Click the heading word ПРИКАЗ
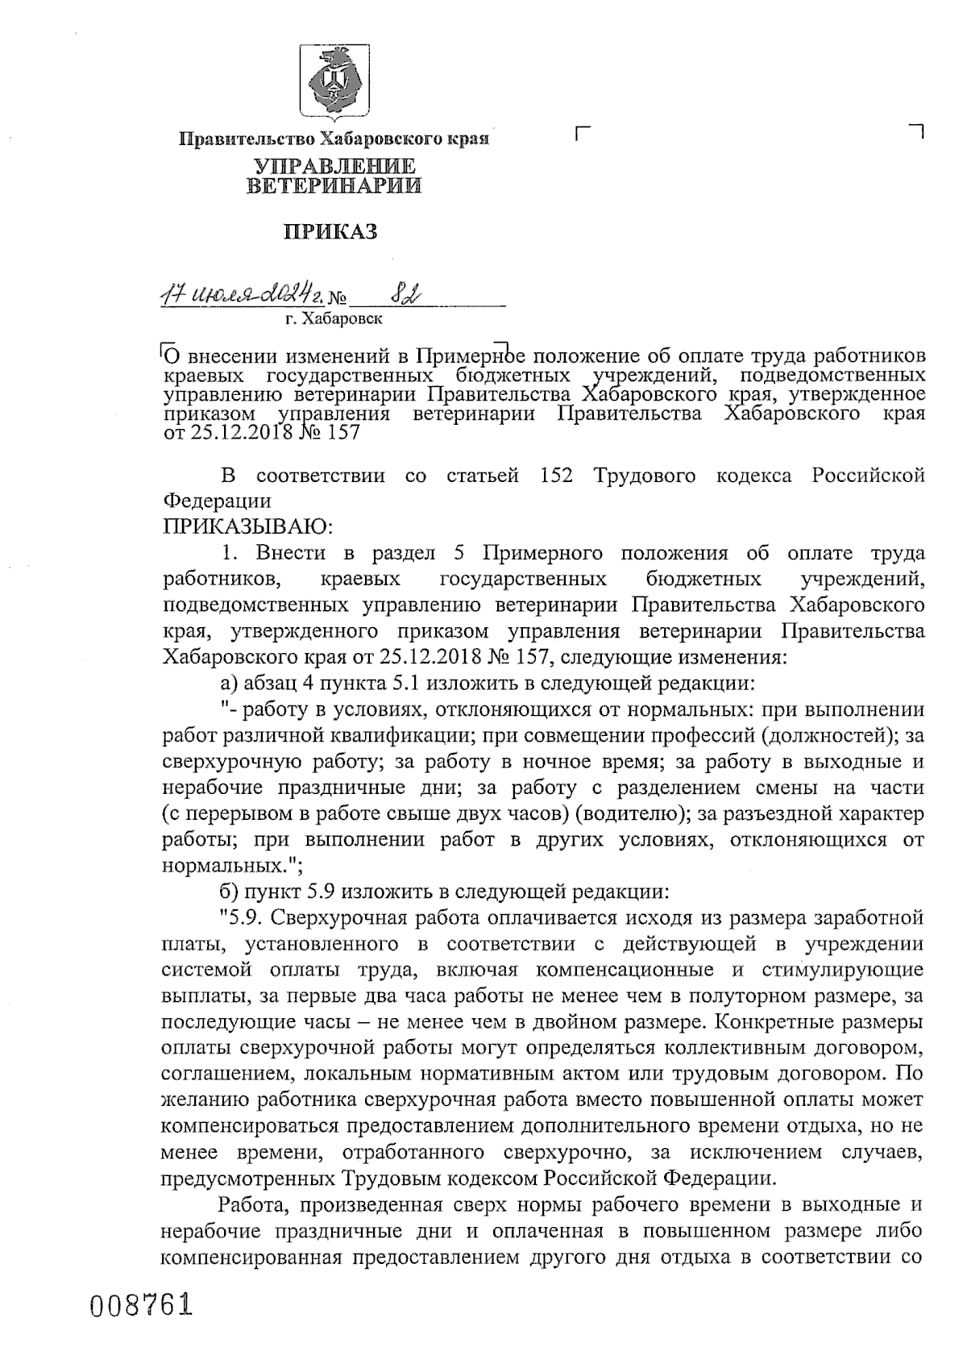pos(330,233)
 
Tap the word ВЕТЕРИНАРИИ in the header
pos(334,187)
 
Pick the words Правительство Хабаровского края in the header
pos(334,139)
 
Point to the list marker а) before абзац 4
pos(228,684)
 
